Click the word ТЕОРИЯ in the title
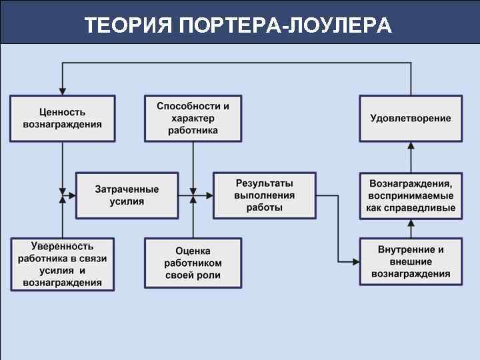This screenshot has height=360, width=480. pyautogui.click(x=127, y=26)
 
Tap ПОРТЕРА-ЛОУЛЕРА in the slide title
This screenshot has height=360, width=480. pyautogui.click(x=286, y=26)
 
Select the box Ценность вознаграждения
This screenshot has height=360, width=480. pyautogui.click(x=62, y=119)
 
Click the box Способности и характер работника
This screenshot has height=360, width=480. pyautogui.click(x=193, y=119)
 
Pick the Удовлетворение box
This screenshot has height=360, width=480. pyautogui.click(x=411, y=119)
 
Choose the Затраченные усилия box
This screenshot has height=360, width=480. pyautogui.click(x=127, y=195)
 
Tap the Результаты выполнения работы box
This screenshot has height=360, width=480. pyautogui.click(x=264, y=195)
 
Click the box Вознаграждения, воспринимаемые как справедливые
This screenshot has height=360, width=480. pyautogui.click(x=411, y=195)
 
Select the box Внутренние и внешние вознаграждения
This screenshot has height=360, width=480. pyautogui.click(x=411, y=261)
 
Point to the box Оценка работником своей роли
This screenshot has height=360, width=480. pyautogui.click(x=193, y=263)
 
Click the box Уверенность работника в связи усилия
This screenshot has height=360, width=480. pyautogui.click(x=62, y=264)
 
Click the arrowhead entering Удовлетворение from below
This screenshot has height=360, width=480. pyautogui.click(x=411, y=145)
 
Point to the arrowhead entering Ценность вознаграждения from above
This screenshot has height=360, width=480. pyautogui.click(x=62, y=91)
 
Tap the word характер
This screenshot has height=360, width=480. pyautogui.click(x=193, y=119)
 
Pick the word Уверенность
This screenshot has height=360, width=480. pyautogui.click(x=62, y=247)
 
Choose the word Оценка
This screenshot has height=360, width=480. pyautogui.click(x=193, y=251)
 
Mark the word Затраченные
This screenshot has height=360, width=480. pyautogui.click(x=127, y=189)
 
